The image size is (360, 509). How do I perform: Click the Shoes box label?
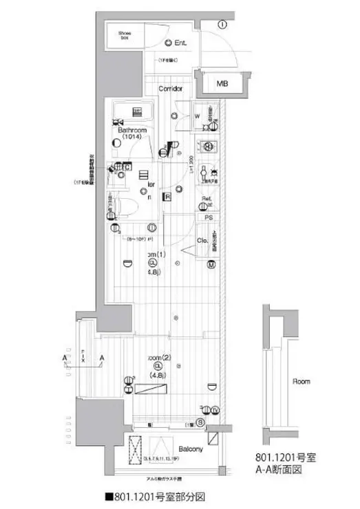coord(125,35)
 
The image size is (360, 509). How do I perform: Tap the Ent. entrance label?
coord(178,43)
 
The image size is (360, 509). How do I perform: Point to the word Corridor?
coord(170,89)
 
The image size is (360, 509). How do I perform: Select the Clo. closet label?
coord(204,241)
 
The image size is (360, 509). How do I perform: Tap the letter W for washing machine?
coord(196,116)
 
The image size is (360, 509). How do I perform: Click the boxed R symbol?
coord(167,197)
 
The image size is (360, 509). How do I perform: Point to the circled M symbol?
coord(212,264)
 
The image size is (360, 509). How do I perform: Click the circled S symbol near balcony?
coord(200,422)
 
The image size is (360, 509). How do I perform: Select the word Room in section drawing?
coord(301,381)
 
